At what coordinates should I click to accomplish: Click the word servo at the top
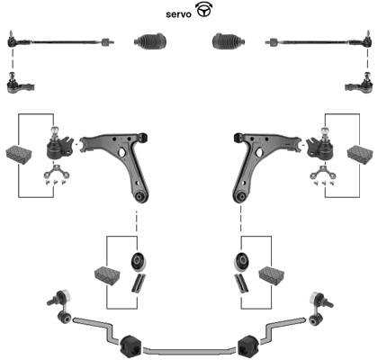[x=178, y=14]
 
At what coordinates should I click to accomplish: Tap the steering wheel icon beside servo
[x=203, y=10]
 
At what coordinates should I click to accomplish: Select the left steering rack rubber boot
[x=150, y=41]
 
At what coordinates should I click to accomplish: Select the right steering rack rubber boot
[x=229, y=41]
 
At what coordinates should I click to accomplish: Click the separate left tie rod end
[x=20, y=84]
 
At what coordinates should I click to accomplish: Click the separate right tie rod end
[x=358, y=84]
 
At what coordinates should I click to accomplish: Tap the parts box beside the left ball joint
[x=19, y=155]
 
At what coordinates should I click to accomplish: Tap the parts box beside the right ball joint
[x=360, y=155]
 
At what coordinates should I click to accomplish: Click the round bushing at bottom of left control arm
[x=139, y=197]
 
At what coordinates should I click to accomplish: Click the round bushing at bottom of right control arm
[x=240, y=197]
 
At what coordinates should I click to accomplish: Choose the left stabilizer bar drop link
[x=60, y=306]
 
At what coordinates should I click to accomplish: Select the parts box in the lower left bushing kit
[x=107, y=275]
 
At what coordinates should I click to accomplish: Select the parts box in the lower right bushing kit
[x=272, y=275]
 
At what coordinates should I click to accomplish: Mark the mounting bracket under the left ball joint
[x=57, y=172]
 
